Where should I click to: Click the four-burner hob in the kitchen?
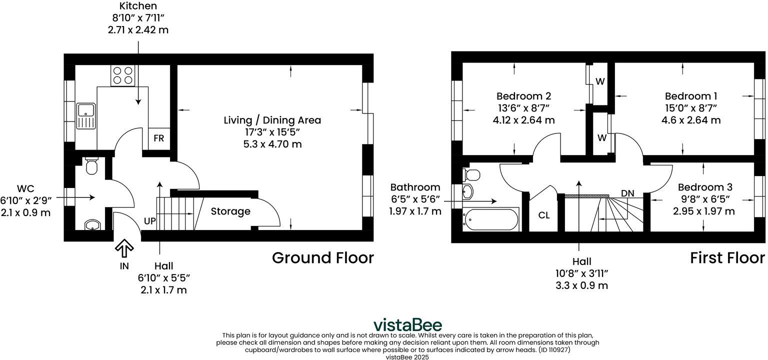point(123,75)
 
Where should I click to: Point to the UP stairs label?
point(149,220)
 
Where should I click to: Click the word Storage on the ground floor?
point(230,211)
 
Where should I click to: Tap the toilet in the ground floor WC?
point(91,165)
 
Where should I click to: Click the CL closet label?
point(544,215)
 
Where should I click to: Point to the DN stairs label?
point(628,193)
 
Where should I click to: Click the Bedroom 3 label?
point(705,187)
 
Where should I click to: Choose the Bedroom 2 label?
point(523,95)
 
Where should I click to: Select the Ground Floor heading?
point(322,258)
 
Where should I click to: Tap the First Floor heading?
point(727,258)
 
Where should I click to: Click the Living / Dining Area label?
point(272,120)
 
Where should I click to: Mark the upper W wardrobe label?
point(599,81)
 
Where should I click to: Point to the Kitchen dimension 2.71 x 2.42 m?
point(138,30)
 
